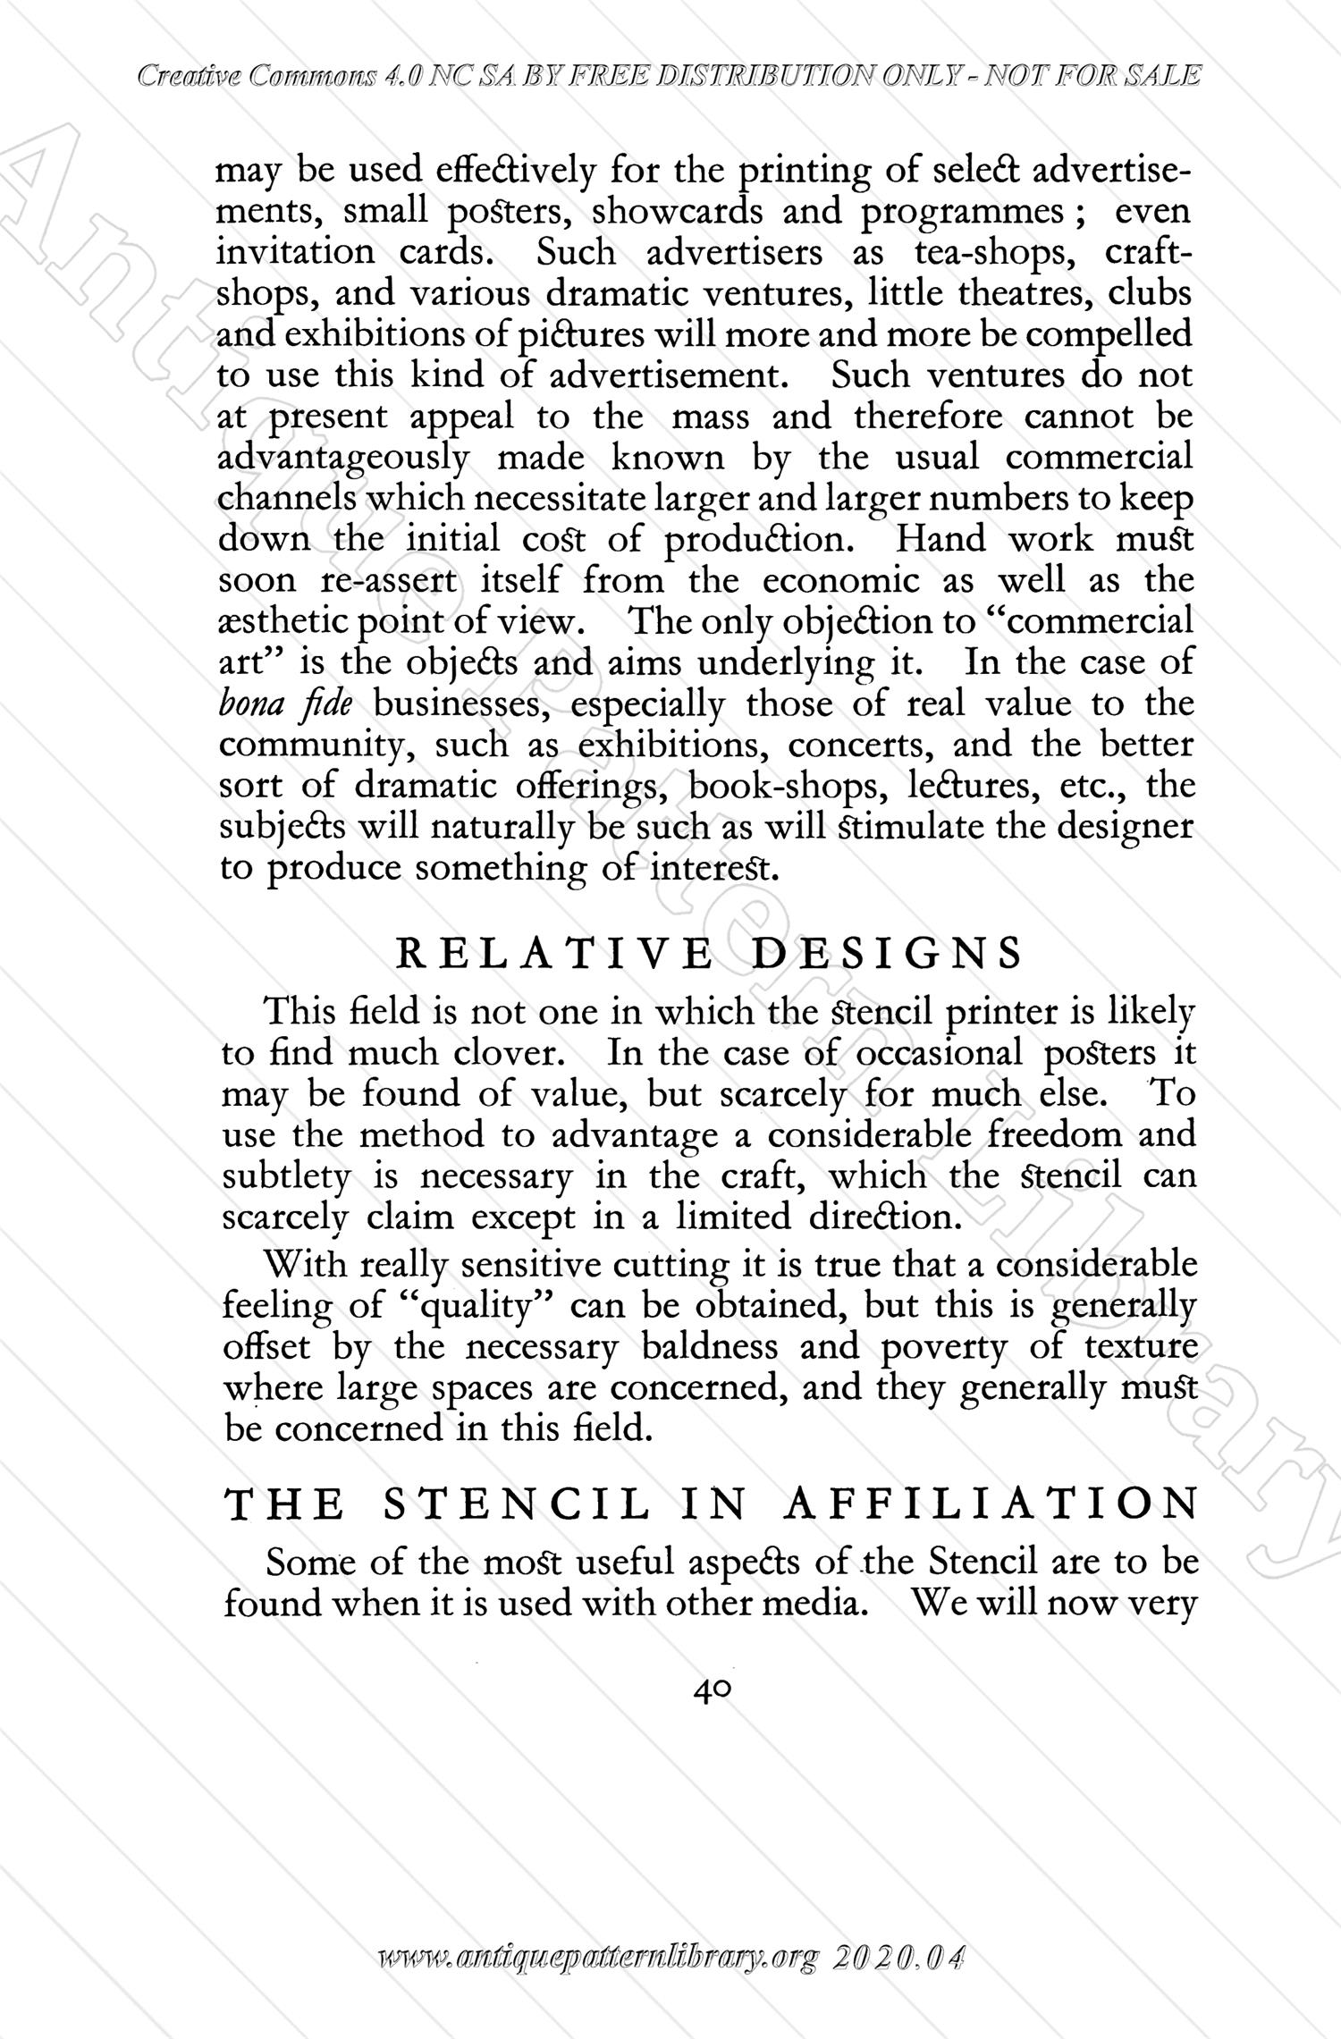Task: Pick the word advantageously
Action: pos(343,459)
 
